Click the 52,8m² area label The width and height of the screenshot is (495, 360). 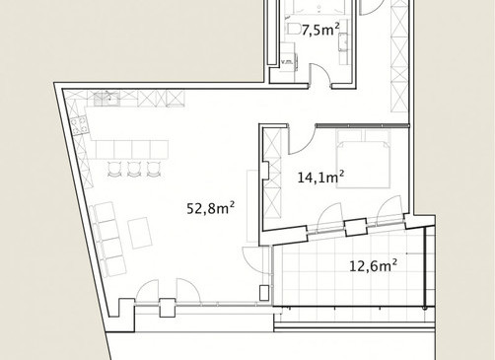[x=210, y=208]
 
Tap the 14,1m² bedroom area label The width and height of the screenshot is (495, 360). [x=320, y=177]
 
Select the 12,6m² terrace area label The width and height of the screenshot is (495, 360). [x=373, y=265]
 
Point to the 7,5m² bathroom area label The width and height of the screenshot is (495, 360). [x=320, y=31]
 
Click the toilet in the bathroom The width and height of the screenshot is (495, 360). [x=294, y=29]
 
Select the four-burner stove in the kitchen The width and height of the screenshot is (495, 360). [x=80, y=125]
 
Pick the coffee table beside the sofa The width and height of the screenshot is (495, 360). [x=140, y=233]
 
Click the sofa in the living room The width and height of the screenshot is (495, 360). [x=107, y=240]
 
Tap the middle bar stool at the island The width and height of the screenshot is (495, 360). [x=133, y=170]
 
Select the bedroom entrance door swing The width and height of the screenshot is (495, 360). [x=302, y=140]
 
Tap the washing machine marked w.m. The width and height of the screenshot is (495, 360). [x=289, y=61]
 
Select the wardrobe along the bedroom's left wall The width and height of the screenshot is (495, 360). [x=272, y=174]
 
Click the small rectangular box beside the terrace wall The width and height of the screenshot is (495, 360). [x=264, y=293]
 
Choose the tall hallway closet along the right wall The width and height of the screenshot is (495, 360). [x=399, y=56]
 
